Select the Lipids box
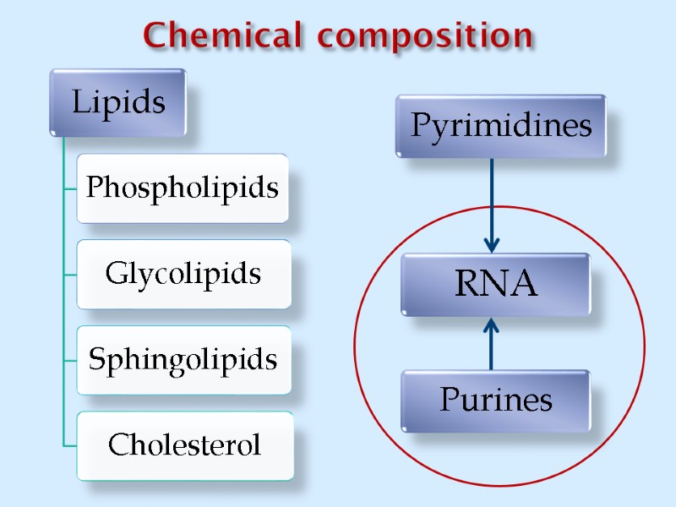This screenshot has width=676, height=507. tap(117, 102)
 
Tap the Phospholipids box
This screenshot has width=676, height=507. tap(183, 188)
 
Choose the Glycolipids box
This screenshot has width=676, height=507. tap(183, 274)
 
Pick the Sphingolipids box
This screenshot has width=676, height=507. tap(183, 360)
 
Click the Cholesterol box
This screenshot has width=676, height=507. tap(184, 445)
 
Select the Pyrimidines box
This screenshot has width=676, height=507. tap(500, 126)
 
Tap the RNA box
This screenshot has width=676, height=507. tap(495, 285)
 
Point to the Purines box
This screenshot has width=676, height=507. tap(495, 400)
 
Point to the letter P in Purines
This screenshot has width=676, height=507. tap(448, 400)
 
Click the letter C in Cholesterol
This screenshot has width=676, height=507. tap(117, 445)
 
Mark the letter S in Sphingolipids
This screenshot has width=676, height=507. tap(97, 360)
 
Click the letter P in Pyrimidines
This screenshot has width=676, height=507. tap(419, 127)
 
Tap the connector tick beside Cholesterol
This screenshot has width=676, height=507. tap(70, 444)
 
